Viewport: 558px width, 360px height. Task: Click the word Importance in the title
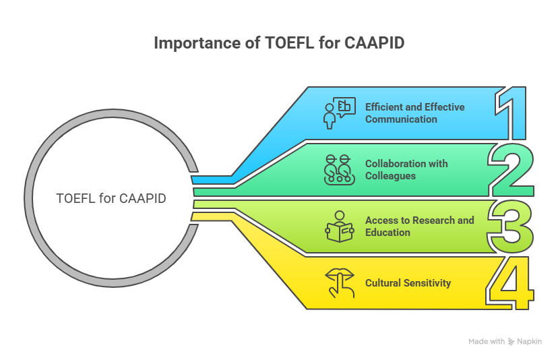tap(195, 43)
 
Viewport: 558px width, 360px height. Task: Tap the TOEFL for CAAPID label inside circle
tap(111, 198)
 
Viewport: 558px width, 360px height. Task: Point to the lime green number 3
tap(511, 225)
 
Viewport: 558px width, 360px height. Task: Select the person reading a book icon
tap(339, 226)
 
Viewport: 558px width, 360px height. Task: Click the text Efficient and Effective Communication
tap(414, 113)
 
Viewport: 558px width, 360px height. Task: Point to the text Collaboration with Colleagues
tap(406, 169)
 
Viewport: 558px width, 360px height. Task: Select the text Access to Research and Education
tap(419, 226)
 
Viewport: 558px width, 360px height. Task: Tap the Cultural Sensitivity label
tap(408, 282)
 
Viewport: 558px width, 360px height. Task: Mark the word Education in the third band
tap(387, 232)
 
